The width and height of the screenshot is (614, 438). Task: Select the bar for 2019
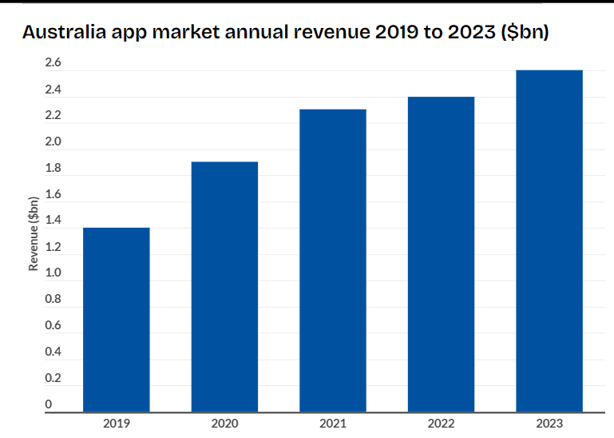[x=117, y=320]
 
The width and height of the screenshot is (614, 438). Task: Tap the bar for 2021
[x=332, y=261]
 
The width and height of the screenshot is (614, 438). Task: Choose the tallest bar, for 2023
[x=549, y=241]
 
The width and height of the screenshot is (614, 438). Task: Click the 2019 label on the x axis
[x=117, y=424]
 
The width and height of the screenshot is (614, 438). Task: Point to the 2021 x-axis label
[x=332, y=424]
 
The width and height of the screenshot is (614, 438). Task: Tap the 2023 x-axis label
[x=549, y=424]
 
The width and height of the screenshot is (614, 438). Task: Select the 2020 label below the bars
[x=224, y=424]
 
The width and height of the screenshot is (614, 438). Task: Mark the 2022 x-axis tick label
[x=441, y=424]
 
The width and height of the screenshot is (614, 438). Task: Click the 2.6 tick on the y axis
[x=53, y=63]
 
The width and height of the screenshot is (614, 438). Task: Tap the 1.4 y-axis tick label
[x=53, y=221]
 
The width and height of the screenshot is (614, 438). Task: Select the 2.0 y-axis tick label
[x=53, y=142]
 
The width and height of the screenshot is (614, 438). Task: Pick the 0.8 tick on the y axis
[x=53, y=299]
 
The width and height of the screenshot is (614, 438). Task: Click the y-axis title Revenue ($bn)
[x=34, y=233]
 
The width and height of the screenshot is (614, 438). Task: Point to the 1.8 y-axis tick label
[x=53, y=169]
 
